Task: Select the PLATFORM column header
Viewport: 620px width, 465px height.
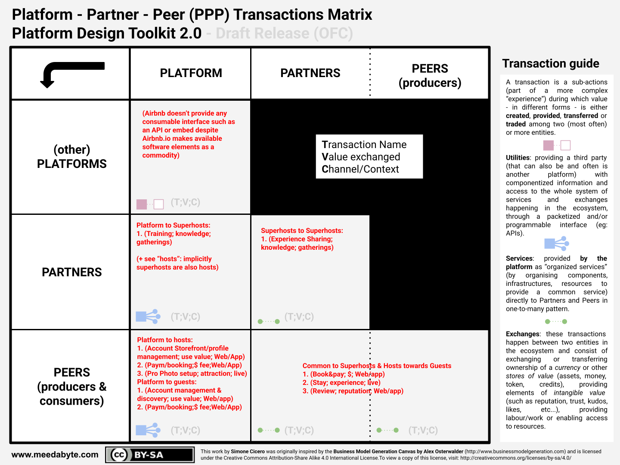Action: tap(191, 73)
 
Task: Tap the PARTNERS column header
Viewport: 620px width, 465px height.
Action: tap(310, 73)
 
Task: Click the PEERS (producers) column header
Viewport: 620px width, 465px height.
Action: tap(430, 76)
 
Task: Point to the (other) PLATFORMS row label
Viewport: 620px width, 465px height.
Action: tap(72, 157)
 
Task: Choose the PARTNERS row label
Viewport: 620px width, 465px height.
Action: tap(72, 272)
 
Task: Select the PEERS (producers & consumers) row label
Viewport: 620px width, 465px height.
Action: tap(72, 387)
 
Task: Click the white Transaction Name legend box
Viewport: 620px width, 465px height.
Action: tap(369, 156)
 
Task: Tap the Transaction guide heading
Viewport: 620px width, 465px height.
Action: tap(551, 64)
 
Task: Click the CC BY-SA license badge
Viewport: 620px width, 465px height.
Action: tap(150, 455)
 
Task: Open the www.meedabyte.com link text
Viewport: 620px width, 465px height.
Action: tap(55, 455)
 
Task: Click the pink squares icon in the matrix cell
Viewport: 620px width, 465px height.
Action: tap(150, 204)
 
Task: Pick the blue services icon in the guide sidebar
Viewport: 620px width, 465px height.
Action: tap(556, 243)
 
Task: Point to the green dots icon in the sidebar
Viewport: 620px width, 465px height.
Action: tap(556, 321)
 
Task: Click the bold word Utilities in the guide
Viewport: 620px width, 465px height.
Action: tap(518, 158)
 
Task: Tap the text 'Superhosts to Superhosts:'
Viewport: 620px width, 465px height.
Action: tap(302, 231)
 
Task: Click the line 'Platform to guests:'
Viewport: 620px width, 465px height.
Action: tap(167, 382)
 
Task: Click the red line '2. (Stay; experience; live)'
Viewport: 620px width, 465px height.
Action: tap(341, 383)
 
